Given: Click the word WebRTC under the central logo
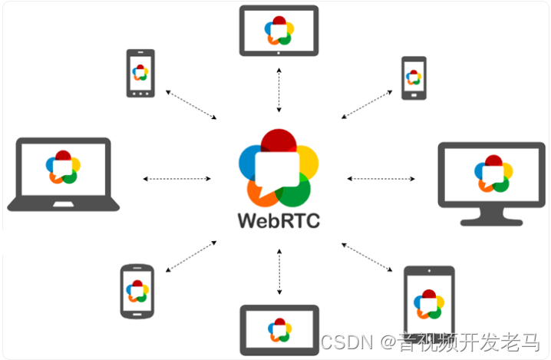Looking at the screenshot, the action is pyautogui.click(x=279, y=220).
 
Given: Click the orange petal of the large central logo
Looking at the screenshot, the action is pyautogui.click(x=259, y=192).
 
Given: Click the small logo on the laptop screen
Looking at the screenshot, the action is pyautogui.click(x=63, y=167).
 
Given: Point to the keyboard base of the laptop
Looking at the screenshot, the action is pyautogui.click(x=64, y=204).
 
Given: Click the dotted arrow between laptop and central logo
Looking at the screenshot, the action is pyautogui.click(x=177, y=179).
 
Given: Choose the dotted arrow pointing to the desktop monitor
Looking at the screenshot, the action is pyautogui.click(x=381, y=179).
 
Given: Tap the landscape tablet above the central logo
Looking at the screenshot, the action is pyautogui.click(x=279, y=31).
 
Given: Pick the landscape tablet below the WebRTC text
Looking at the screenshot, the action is pyautogui.click(x=279, y=331).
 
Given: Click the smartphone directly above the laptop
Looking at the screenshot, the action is pyautogui.click(x=140, y=74).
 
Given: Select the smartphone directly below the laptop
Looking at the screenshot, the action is pyautogui.click(x=138, y=292).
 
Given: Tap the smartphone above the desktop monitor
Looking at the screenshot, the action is pyautogui.click(x=414, y=78).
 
